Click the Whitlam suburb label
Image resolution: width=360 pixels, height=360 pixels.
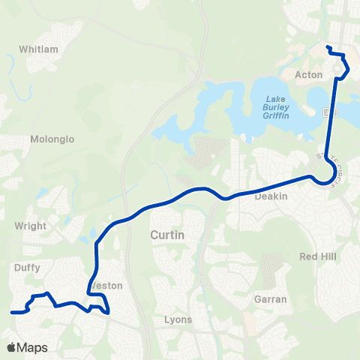point(37,49)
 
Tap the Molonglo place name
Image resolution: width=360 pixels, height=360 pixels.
point(49,139)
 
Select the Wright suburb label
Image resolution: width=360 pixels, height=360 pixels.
point(31,226)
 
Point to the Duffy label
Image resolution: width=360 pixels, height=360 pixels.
point(28,265)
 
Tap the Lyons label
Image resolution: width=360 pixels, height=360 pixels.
point(178,319)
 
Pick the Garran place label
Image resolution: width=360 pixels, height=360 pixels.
point(270,298)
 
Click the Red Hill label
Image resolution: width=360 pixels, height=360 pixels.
point(318,256)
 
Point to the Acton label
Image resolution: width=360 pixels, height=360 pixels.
point(309,75)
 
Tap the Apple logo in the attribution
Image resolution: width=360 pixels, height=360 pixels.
point(11,347)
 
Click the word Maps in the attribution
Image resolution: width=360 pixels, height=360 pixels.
point(32,347)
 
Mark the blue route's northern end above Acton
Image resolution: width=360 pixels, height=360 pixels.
point(328,47)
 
